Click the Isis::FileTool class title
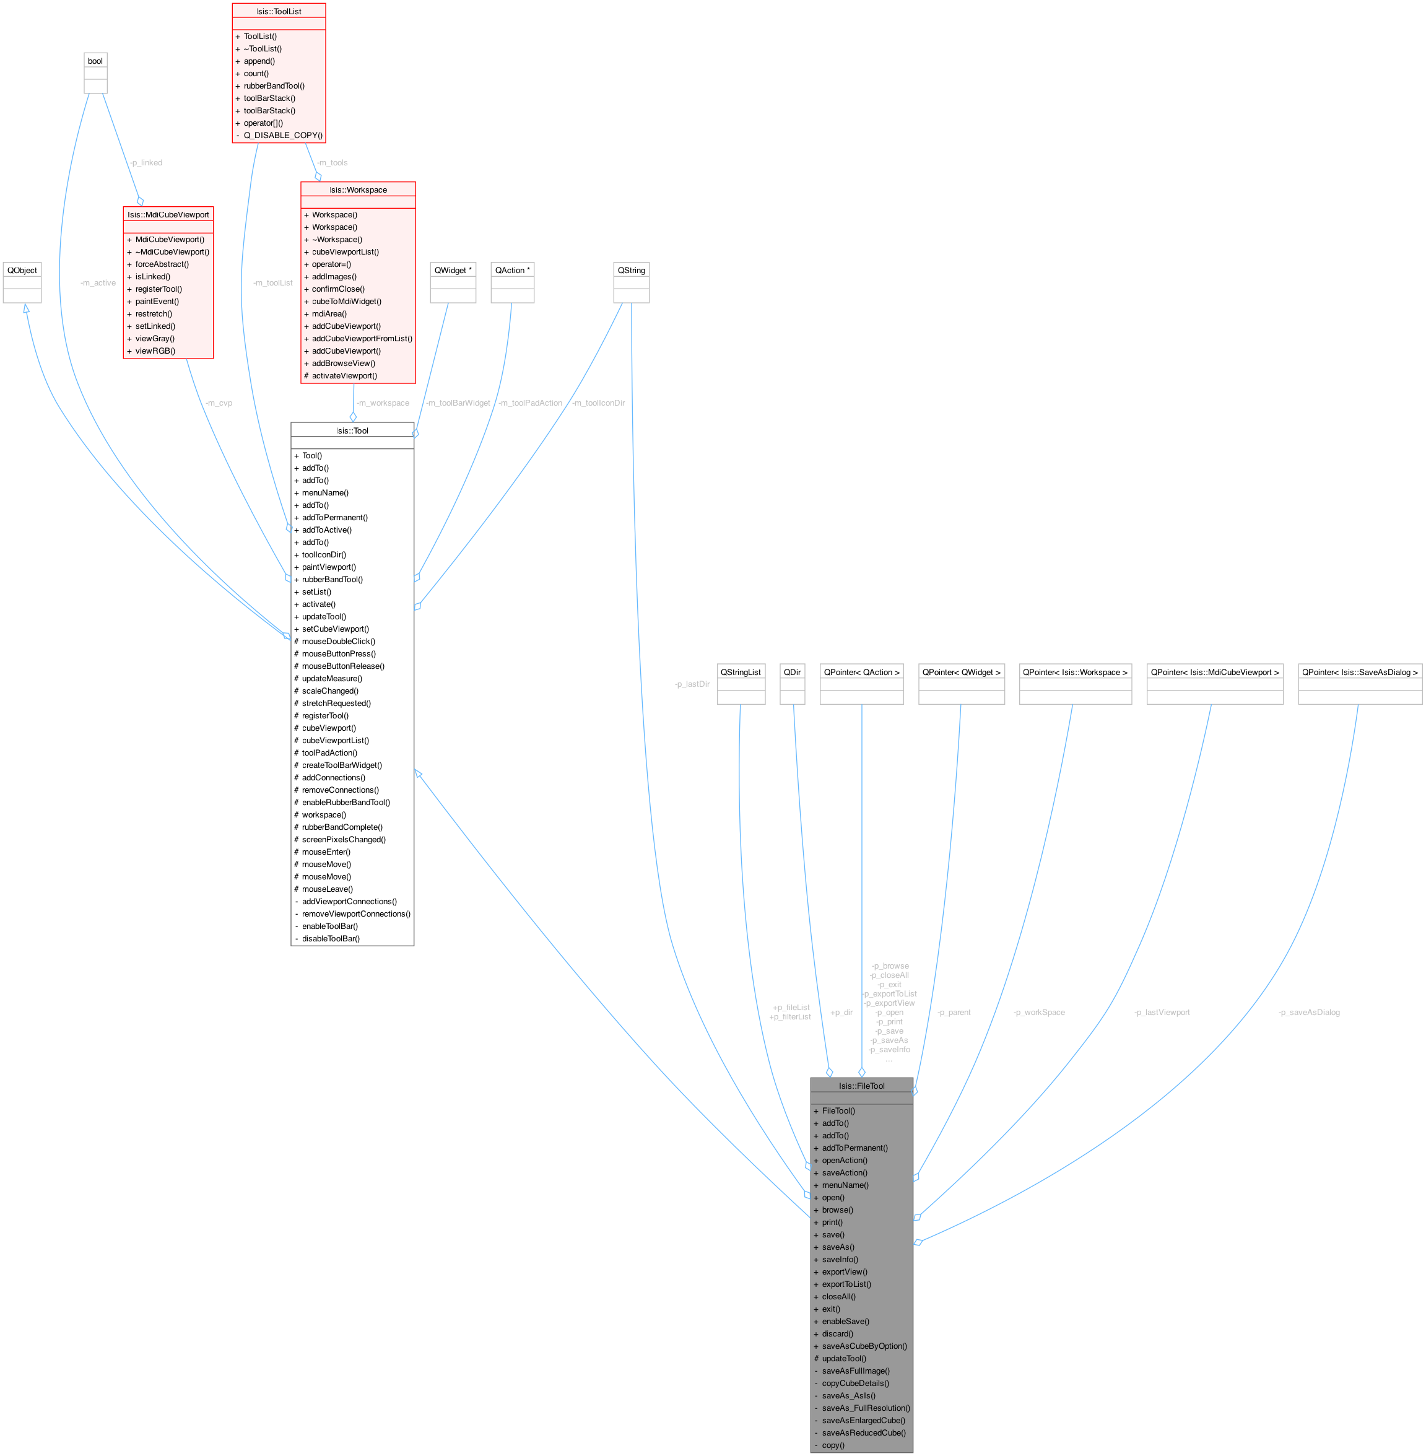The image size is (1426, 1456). tap(861, 1085)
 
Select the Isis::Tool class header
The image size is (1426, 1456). tap(352, 430)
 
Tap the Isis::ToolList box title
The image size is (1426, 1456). tap(279, 11)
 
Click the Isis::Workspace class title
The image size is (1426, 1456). tap(358, 190)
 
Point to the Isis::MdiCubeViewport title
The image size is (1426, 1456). tap(168, 214)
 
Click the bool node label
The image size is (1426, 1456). tap(95, 61)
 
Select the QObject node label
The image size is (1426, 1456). tap(22, 269)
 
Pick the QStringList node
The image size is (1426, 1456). tap(741, 672)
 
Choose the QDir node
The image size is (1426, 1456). tap(793, 672)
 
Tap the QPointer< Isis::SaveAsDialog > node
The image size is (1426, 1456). tap(1359, 672)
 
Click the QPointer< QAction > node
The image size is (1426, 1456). tap(861, 672)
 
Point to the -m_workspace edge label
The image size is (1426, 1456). tap(383, 403)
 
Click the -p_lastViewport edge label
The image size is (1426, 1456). tap(1162, 1013)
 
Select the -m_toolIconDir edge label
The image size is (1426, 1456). tap(598, 403)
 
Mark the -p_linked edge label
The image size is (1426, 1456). tap(146, 162)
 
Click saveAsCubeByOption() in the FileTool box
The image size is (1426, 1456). tap(864, 1346)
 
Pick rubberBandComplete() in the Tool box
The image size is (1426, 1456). tap(342, 827)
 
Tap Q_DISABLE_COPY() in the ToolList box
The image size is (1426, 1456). tap(283, 136)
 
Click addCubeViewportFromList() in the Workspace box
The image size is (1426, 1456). tap(362, 339)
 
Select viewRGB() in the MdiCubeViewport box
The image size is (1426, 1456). tap(155, 351)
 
